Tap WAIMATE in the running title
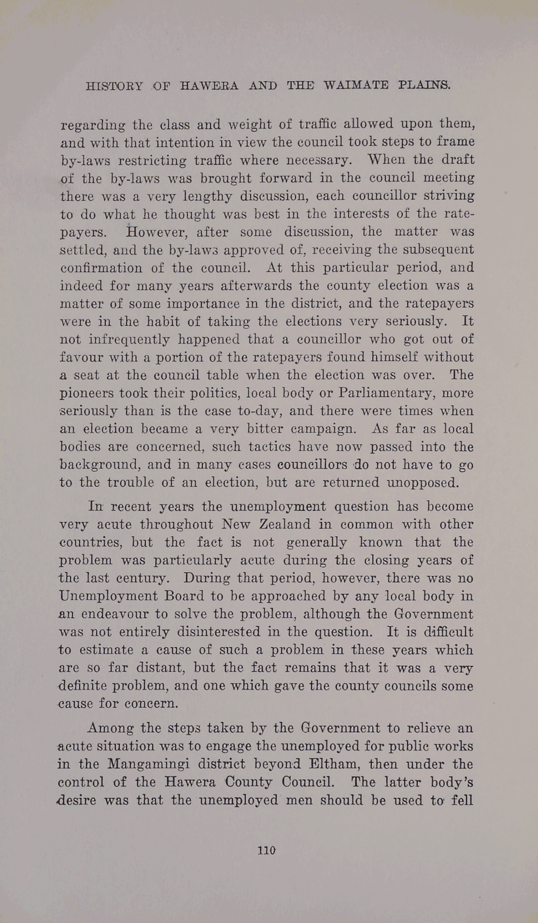click(356, 86)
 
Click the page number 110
click(267, 850)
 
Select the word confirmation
click(101, 268)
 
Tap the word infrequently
click(129, 339)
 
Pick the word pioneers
click(90, 393)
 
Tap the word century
click(143, 578)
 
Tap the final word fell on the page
click(462, 800)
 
